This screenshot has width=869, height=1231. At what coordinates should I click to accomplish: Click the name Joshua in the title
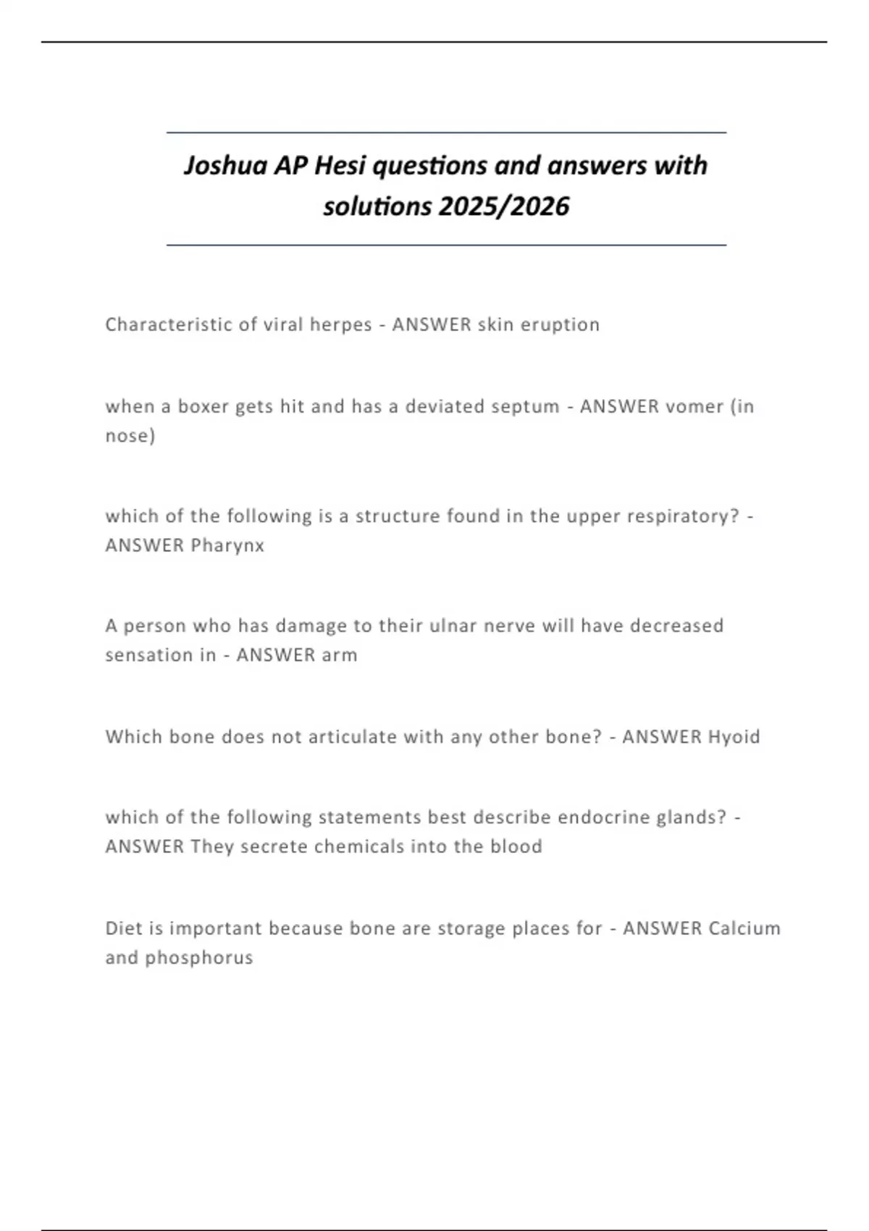[x=225, y=166]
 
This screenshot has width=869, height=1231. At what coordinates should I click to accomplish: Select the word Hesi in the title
[x=340, y=166]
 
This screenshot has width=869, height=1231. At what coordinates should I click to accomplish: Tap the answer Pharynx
[x=227, y=545]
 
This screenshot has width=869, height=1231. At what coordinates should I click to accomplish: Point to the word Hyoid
[x=734, y=736]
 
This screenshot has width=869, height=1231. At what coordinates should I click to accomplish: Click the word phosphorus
[x=198, y=958]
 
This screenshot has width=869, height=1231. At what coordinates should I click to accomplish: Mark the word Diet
[x=124, y=928]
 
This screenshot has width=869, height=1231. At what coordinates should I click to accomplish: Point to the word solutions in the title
[x=377, y=206]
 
